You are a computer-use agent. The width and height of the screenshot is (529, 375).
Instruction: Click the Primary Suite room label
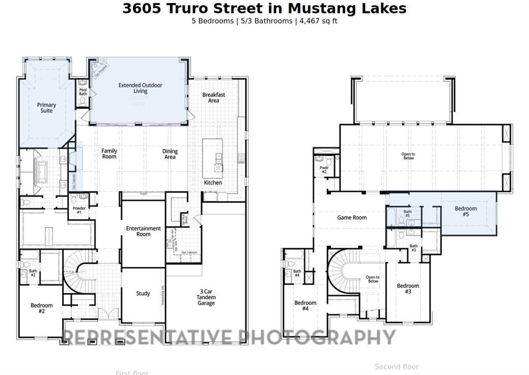click(x=46, y=108)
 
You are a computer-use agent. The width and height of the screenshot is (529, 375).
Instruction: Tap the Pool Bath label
click(x=83, y=92)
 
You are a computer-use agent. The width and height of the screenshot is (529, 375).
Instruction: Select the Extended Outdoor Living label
click(x=140, y=88)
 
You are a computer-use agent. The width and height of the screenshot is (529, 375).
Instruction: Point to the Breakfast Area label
click(x=213, y=97)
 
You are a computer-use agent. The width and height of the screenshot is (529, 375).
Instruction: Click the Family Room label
click(x=109, y=154)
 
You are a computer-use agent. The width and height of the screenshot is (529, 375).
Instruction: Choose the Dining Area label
click(x=170, y=154)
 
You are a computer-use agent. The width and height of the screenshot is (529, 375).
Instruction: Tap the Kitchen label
click(x=213, y=183)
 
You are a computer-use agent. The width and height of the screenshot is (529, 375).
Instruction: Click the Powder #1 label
click(x=79, y=210)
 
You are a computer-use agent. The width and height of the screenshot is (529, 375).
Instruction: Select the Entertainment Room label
click(x=144, y=231)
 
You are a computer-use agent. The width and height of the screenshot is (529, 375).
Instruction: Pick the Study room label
click(x=143, y=293)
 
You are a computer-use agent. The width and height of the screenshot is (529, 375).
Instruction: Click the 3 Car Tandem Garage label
click(x=206, y=297)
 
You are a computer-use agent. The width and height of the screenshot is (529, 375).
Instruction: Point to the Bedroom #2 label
click(x=41, y=308)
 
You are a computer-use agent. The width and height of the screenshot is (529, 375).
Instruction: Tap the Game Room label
click(x=352, y=218)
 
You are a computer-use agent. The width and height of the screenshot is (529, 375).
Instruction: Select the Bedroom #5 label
click(x=465, y=211)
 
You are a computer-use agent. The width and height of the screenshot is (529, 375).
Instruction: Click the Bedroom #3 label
click(x=408, y=289)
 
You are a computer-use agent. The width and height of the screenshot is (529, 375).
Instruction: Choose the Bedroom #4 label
click(x=305, y=306)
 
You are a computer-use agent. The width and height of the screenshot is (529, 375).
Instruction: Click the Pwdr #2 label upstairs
click(x=324, y=170)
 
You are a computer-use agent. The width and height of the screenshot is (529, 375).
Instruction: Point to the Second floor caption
click(x=397, y=367)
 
